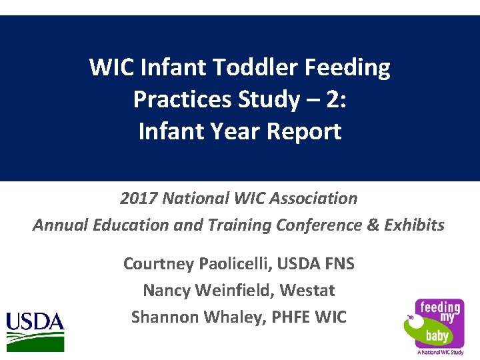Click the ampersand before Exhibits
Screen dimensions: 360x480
[373, 225]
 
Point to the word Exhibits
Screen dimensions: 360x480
[415, 225]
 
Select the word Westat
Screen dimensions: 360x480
[307, 291]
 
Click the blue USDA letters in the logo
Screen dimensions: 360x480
[35, 323]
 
